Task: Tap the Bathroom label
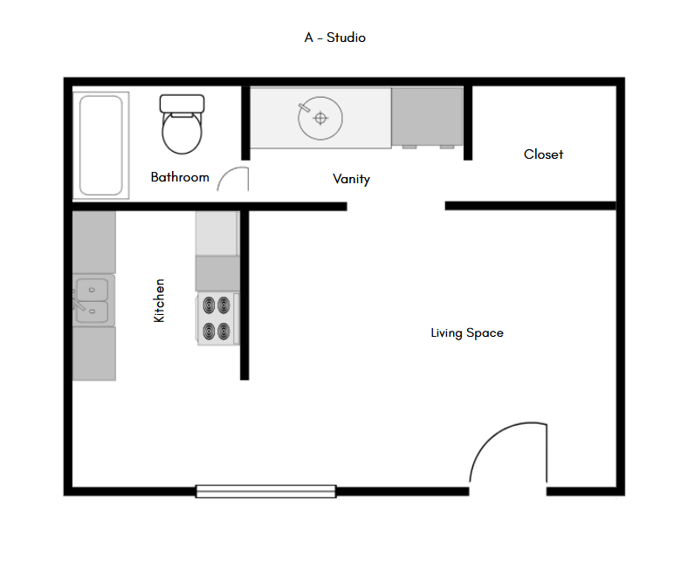(180, 177)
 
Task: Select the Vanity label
(351, 179)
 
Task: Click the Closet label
(543, 154)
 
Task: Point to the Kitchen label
(159, 301)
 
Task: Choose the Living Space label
(466, 332)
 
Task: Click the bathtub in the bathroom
(100, 145)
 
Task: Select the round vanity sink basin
(320, 118)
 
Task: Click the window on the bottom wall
(265, 491)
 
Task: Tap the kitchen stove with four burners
(217, 318)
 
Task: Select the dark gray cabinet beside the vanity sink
(426, 117)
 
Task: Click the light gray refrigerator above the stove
(217, 234)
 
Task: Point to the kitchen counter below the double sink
(93, 353)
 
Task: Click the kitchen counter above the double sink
(93, 243)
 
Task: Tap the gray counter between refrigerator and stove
(217, 274)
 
